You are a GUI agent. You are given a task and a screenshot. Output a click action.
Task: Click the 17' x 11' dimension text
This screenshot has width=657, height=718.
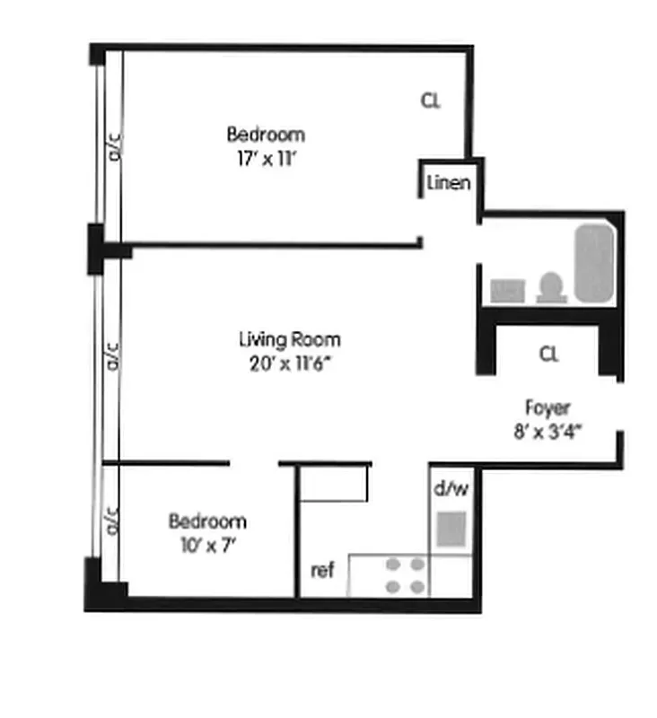pyautogui.click(x=266, y=164)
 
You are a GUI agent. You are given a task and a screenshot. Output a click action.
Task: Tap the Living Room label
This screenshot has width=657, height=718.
pyautogui.click(x=289, y=339)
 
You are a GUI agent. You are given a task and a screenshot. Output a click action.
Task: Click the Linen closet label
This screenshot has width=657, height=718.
pyautogui.click(x=448, y=183)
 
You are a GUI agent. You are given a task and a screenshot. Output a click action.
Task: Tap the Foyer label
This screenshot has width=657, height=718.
pyautogui.click(x=547, y=407)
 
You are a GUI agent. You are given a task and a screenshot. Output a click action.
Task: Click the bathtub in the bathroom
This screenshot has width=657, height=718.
pyautogui.click(x=594, y=263)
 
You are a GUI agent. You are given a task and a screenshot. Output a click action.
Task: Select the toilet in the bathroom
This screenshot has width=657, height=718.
pyautogui.click(x=550, y=288)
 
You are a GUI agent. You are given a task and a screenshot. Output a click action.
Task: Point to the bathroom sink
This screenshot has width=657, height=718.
pyautogui.click(x=507, y=290)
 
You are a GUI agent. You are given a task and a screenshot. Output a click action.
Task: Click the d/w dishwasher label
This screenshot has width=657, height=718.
pyautogui.click(x=451, y=489)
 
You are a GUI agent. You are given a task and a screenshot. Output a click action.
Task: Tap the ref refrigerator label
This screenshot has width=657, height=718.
pyautogui.click(x=322, y=569)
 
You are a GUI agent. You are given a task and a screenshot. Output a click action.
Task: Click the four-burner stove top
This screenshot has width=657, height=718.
pyautogui.click(x=405, y=575)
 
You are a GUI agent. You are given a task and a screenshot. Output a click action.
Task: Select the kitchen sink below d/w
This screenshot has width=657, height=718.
pyautogui.click(x=451, y=529)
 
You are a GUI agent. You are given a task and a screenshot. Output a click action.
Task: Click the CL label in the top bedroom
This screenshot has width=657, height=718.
pyautogui.click(x=431, y=101)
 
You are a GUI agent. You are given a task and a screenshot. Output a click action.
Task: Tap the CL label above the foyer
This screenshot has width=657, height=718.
pyautogui.click(x=548, y=354)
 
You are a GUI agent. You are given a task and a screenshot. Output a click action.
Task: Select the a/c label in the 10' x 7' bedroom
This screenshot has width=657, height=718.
pyautogui.click(x=113, y=520)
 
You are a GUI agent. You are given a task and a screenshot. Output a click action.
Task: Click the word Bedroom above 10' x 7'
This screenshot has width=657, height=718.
pyautogui.click(x=206, y=521)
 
